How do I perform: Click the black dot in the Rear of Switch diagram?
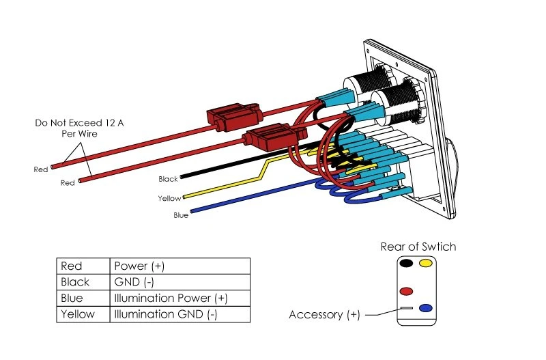(x=406, y=263)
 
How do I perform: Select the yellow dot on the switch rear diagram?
(x=426, y=263)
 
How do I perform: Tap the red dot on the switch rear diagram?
(x=406, y=291)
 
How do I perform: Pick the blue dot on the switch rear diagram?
(x=426, y=308)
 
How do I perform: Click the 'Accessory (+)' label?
(x=324, y=315)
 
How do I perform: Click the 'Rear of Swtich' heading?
(x=418, y=247)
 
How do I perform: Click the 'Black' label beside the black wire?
(x=168, y=179)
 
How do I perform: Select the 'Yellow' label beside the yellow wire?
(x=169, y=199)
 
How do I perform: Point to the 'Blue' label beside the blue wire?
(x=181, y=216)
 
